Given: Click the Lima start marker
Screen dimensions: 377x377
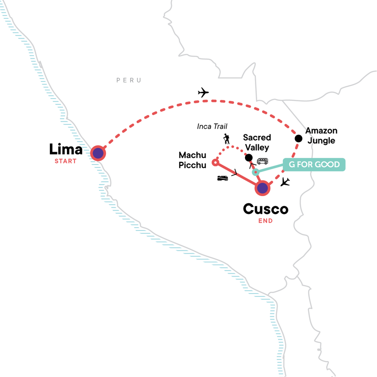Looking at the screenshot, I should pos(98,153).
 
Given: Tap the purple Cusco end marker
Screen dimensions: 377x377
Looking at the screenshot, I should pos(262,188).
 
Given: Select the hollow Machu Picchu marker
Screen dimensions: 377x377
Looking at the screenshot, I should pos(215,163).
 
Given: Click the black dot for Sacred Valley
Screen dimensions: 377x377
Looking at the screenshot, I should pos(249,158).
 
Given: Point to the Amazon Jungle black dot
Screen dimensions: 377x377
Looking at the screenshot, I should pos(298,139).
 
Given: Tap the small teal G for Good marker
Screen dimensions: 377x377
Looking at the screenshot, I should pos(256,172).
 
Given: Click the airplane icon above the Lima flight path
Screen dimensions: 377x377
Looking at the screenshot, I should pos(204,92).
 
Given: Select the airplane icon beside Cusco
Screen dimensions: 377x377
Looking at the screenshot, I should pos(285,182).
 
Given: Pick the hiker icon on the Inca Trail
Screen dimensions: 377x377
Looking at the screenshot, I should pos(227,139).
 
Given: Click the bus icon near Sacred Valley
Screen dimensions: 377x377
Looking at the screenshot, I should pos(262,161).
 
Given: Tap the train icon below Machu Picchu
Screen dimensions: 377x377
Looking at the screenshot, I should pos(223,178).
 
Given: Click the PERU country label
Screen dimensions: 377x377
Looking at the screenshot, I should pos(129,81).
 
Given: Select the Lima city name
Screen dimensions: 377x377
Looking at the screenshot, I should pos(66,150).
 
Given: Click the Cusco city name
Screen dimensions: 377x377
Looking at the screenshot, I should pos(265,209).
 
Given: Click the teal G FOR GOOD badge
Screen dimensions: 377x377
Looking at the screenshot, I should pos(314,164).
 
